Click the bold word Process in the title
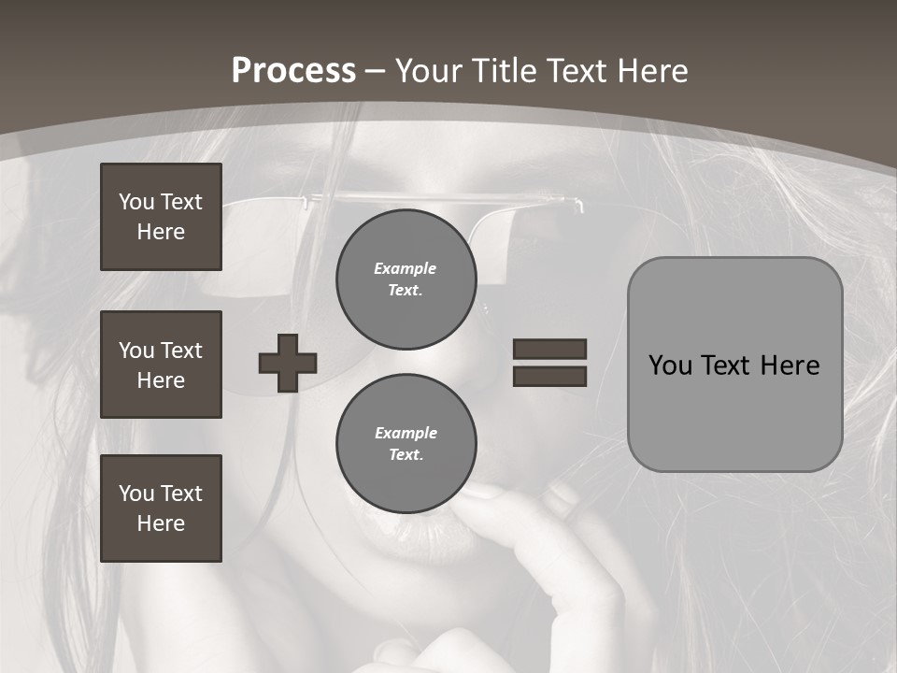293,71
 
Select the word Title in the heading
505,71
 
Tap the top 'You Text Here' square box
161,217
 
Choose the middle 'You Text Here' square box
161,365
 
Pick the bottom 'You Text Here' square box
161,508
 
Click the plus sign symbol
288,363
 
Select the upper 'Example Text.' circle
406,279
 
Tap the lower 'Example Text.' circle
406,444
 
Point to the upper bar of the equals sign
549,350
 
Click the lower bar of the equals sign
549,376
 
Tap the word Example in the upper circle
405,268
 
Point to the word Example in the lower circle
406,433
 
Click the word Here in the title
651,71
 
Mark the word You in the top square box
135,202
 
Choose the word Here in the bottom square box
161,523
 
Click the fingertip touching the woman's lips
478,491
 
